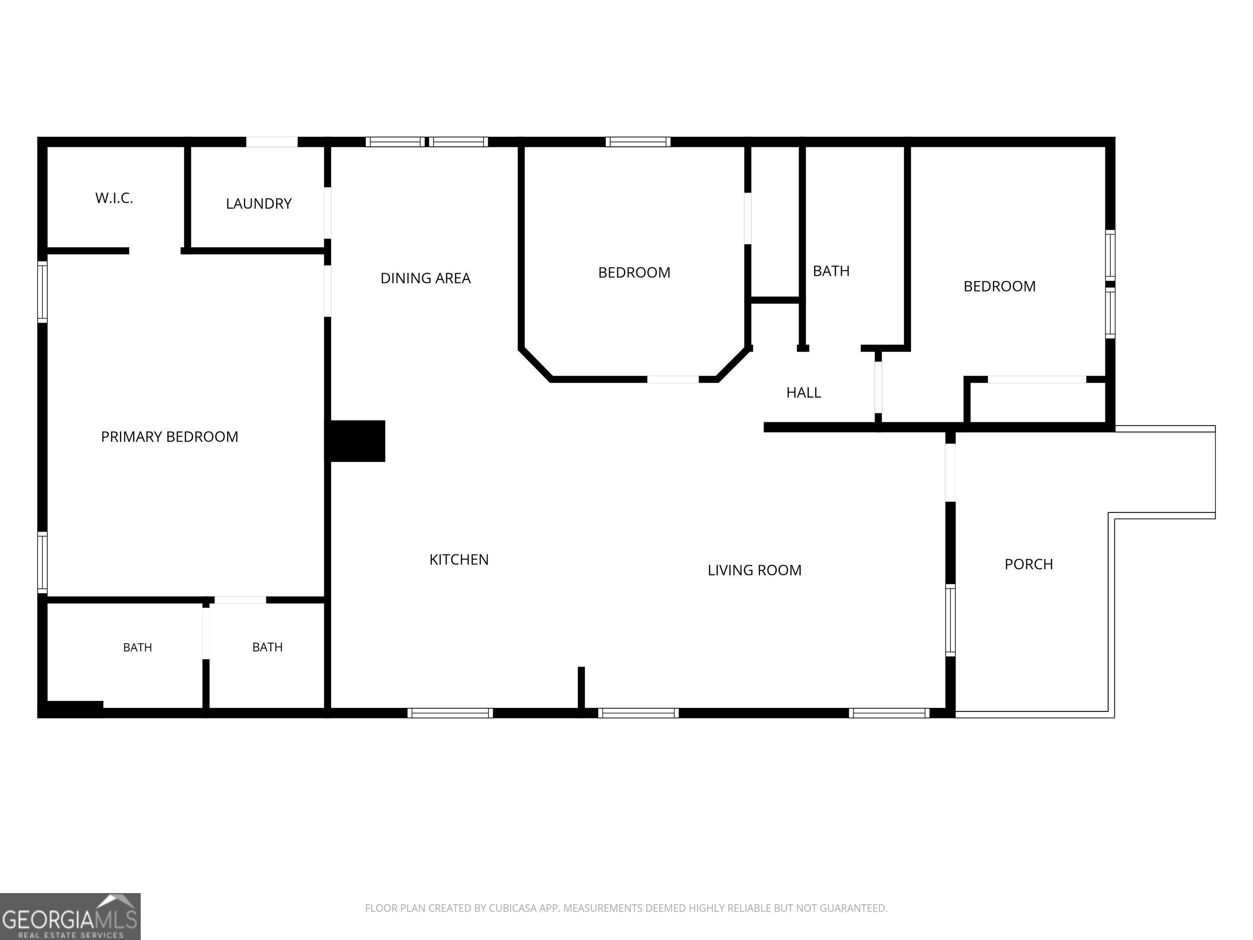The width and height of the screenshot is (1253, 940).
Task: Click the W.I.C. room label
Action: [114, 198]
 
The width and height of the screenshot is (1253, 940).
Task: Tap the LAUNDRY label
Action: [259, 204]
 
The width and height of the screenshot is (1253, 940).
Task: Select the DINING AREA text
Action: [425, 278]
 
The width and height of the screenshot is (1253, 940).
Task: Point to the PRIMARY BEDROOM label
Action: [169, 437]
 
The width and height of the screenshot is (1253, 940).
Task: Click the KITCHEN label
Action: [459, 560]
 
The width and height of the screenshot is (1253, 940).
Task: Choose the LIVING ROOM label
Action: [755, 570]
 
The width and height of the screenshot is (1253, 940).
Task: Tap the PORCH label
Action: [1029, 564]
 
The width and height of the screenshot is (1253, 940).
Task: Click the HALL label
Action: [803, 392]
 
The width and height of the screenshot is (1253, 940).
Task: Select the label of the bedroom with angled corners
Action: [634, 273]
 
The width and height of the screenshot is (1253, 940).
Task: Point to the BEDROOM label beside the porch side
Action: [1000, 286]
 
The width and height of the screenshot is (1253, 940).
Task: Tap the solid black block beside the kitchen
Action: [357, 441]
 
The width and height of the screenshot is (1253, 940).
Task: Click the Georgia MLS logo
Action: [70, 916]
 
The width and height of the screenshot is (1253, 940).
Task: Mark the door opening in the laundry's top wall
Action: [272, 142]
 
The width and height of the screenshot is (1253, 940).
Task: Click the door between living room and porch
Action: [950, 472]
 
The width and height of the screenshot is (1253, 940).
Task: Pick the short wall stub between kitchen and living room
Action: [581, 688]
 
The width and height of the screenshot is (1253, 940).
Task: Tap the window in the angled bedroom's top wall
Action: [638, 142]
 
